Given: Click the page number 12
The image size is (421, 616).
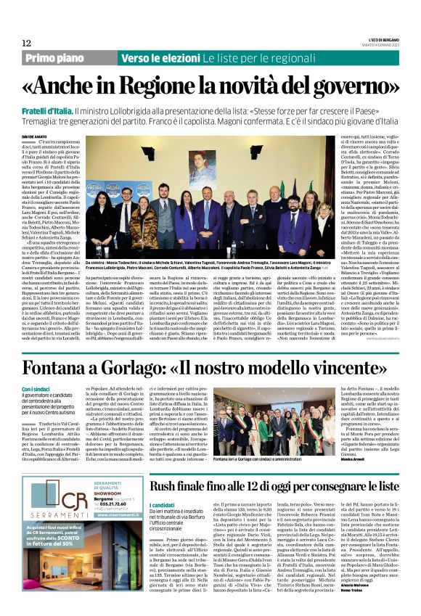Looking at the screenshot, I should click(27, 44).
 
